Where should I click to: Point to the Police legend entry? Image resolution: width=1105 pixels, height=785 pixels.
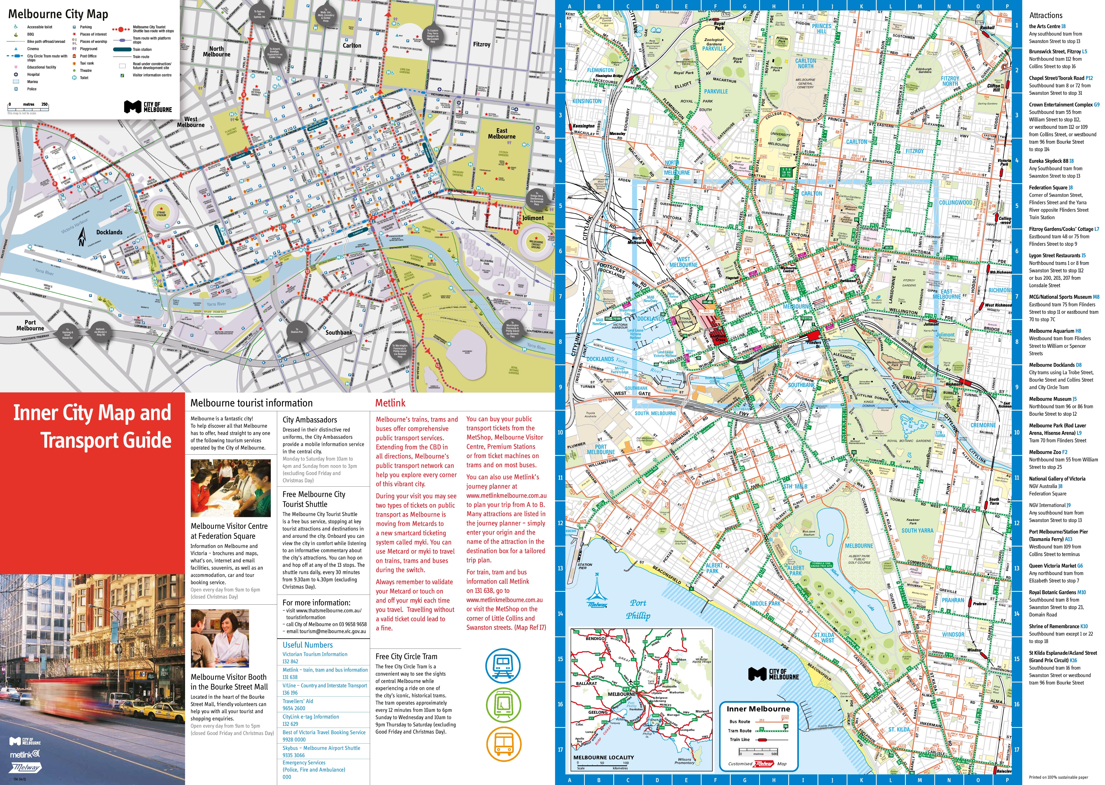[32, 89]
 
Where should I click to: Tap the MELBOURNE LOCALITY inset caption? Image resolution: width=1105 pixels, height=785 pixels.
[603, 757]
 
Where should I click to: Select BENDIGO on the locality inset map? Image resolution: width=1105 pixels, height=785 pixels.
[595, 638]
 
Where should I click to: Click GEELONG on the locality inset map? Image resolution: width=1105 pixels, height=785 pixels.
[598, 712]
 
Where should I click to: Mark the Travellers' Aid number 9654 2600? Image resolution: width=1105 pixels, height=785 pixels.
[294, 708]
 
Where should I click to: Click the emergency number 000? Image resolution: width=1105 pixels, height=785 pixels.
[287, 777]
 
